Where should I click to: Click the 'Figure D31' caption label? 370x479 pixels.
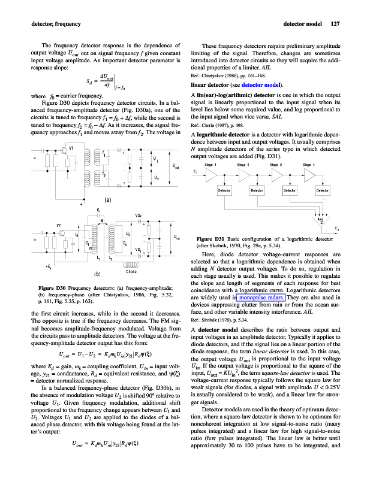tap(212, 239)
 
